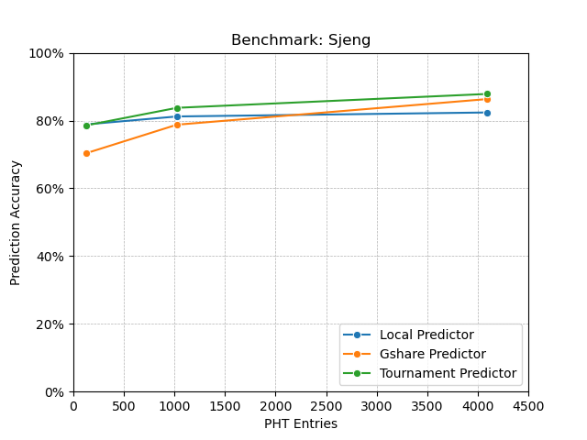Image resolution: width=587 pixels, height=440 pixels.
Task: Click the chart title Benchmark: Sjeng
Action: pyautogui.click(x=301, y=40)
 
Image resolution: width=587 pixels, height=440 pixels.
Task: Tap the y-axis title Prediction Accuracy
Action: pyautogui.click(x=16, y=223)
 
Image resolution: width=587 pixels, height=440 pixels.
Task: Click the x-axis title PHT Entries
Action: pyautogui.click(x=301, y=423)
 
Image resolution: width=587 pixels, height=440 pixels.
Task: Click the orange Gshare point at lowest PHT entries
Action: pyautogui.click(x=86, y=153)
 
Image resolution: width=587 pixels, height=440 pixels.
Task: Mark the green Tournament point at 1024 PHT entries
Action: pyautogui.click(x=177, y=108)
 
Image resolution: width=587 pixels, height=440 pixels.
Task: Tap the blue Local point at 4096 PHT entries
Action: pyautogui.click(x=487, y=113)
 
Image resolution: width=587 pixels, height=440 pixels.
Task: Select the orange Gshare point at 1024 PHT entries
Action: pyautogui.click(x=177, y=125)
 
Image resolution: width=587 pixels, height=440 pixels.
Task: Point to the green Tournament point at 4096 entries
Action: pyautogui.click(x=487, y=93)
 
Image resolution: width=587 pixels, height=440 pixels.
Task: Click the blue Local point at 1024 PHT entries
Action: pyautogui.click(x=177, y=116)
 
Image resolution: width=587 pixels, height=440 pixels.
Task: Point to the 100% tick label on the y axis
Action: pyautogui.click(x=46, y=53)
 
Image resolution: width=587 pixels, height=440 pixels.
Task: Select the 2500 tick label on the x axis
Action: pyautogui.click(x=326, y=405)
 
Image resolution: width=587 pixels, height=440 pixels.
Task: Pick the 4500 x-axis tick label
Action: pyautogui.click(x=528, y=405)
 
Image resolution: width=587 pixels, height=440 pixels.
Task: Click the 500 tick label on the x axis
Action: pyautogui.click(x=124, y=405)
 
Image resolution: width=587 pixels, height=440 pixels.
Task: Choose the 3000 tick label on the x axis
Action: pyautogui.click(x=377, y=405)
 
